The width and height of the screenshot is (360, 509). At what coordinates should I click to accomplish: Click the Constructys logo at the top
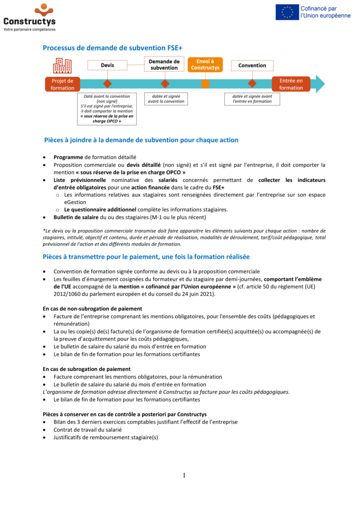tap(30, 17)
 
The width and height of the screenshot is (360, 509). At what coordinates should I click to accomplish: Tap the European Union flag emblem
tap(287, 12)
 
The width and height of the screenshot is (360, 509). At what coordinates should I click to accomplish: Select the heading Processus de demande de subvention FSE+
tap(112, 48)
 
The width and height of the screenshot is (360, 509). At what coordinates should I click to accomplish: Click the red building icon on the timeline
tap(62, 66)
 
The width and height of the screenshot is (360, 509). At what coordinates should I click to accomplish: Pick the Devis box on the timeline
tap(107, 65)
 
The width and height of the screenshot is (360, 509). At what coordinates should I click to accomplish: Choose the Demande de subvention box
tap(164, 65)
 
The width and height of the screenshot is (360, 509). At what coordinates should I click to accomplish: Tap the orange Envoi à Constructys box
tap(205, 65)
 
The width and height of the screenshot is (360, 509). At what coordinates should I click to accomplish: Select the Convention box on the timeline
tap(252, 65)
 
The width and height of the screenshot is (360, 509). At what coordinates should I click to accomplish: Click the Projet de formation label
tap(62, 84)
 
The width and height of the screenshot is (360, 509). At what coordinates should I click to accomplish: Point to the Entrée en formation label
tap(291, 84)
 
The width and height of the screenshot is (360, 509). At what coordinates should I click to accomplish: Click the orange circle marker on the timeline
tap(205, 84)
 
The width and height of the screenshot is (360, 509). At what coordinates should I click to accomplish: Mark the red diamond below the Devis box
tap(107, 84)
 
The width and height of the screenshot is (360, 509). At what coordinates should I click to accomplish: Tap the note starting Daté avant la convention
tap(107, 109)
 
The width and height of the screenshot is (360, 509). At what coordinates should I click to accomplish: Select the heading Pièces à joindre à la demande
tap(141, 140)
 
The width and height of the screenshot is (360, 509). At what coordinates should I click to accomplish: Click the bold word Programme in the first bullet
tap(68, 157)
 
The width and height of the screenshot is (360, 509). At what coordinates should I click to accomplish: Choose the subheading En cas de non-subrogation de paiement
tap(92, 309)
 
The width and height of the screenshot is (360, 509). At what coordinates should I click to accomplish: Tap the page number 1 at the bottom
tap(184, 475)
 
